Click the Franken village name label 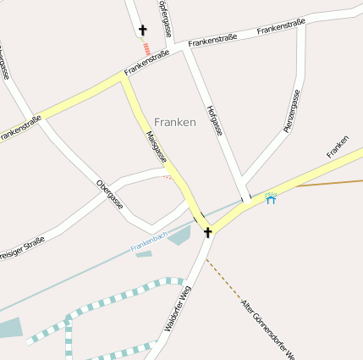(175, 122)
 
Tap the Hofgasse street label (214, 121)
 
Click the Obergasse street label (110, 195)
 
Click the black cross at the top (142, 30)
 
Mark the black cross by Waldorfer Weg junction (207, 231)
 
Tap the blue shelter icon (271, 199)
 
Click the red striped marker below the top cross (147, 49)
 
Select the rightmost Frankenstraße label (281, 29)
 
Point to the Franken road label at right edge (338, 146)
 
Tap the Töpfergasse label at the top (166, 17)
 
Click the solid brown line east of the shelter (330, 182)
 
